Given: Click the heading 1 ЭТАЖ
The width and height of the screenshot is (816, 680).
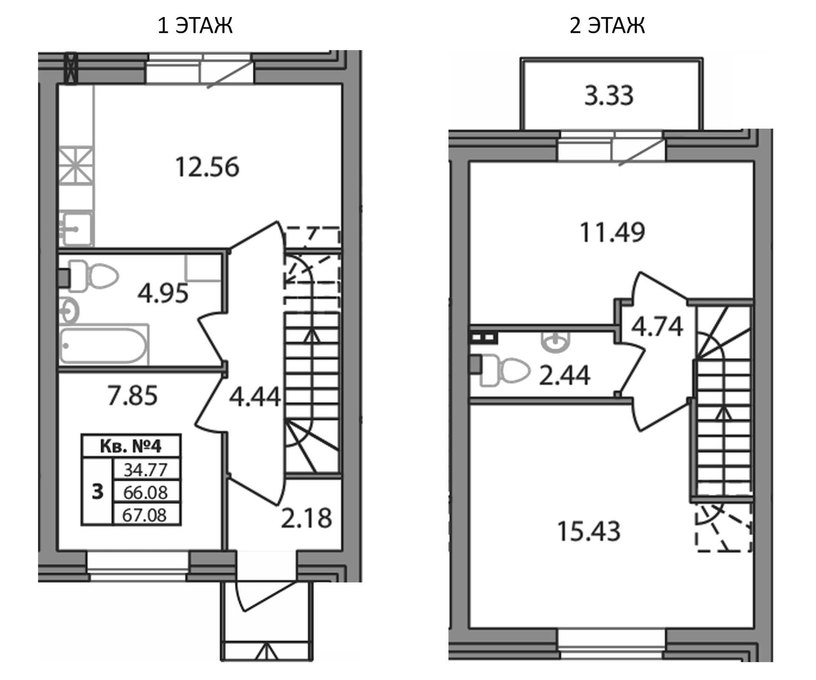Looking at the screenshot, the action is [x=195, y=26].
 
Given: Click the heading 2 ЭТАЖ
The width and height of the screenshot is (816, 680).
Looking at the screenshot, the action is [x=607, y=26].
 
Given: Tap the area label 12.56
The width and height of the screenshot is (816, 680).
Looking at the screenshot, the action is [x=207, y=167].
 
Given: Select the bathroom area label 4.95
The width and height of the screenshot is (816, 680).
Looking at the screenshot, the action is [x=163, y=293].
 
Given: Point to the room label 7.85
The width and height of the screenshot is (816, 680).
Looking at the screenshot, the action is [x=133, y=395].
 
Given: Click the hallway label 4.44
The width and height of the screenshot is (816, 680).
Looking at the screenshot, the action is [x=255, y=397].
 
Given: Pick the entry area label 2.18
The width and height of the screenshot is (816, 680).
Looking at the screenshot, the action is [x=306, y=518].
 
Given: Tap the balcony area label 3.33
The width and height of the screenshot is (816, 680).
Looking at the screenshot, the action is [x=609, y=96].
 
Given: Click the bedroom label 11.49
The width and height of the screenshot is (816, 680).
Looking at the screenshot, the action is [x=612, y=233].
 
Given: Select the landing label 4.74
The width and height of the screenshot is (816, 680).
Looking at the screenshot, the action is [x=657, y=327].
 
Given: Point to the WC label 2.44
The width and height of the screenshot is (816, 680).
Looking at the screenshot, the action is [x=564, y=376].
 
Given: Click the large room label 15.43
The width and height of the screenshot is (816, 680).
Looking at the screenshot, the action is [x=589, y=532].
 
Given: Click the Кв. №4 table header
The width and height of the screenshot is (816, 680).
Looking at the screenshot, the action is [x=131, y=446].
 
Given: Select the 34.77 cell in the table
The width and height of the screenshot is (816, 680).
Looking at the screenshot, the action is [x=145, y=470].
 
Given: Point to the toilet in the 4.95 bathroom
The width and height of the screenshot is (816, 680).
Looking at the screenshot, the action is [x=93, y=276].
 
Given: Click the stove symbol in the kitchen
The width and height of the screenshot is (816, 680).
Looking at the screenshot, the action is [x=76, y=165].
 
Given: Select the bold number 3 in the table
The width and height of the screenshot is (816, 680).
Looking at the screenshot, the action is [x=98, y=492].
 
